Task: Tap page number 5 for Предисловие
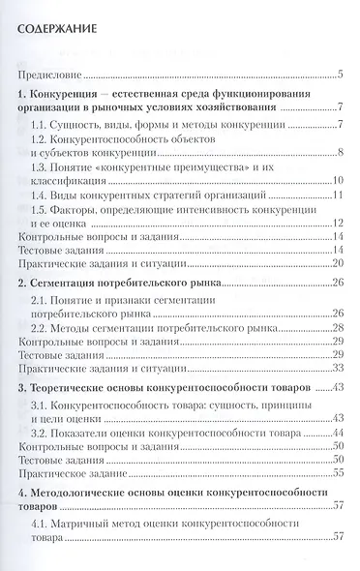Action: [343, 74]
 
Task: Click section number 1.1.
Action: [42, 126]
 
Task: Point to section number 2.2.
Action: [42, 329]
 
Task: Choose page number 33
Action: [340, 369]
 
